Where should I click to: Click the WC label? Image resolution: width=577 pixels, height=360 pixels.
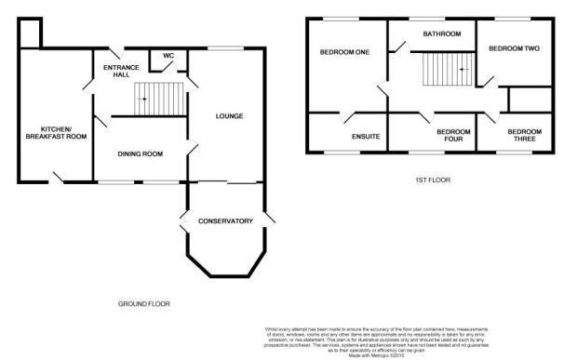(x=168, y=57)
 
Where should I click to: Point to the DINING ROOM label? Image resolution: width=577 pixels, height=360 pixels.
(x=140, y=153)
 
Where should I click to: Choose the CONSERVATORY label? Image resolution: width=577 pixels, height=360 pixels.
(x=225, y=220)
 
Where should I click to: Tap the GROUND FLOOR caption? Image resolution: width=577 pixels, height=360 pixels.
(x=144, y=303)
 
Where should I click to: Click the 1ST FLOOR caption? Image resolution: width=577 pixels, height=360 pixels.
(x=435, y=180)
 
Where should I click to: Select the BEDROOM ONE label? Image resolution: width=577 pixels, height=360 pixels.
(x=345, y=52)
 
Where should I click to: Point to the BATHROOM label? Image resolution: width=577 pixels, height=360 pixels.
(x=441, y=34)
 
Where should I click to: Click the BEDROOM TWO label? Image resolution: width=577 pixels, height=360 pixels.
(x=515, y=47)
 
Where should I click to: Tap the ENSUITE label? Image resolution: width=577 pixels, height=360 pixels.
(x=366, y=137)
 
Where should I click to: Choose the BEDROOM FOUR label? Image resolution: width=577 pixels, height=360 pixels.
(x=453, y=136)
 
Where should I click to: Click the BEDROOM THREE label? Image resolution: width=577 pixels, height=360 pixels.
(x=524, y=136)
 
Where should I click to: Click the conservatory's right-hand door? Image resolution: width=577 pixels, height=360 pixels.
(x=269, y=220)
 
